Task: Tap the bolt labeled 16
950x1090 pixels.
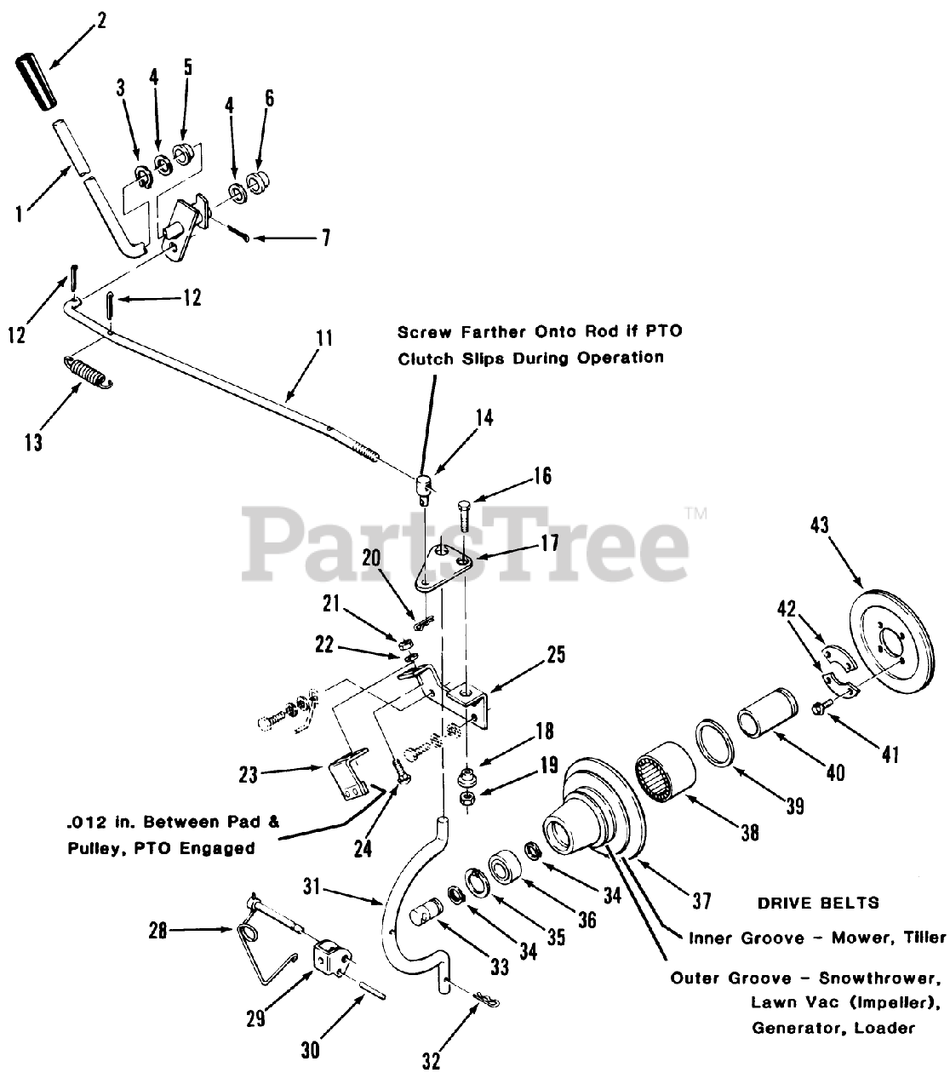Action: (464, 516)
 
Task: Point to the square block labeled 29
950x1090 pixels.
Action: (331, 958)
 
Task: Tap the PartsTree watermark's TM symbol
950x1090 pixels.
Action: (696, 513)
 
